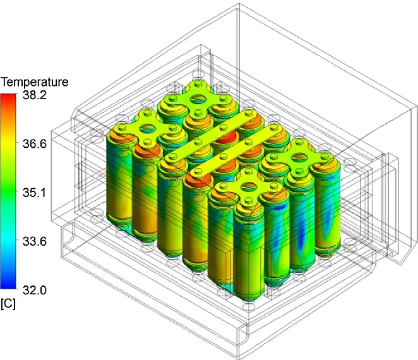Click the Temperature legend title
click(x=34, y=82)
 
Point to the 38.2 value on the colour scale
click(x=34, y=95)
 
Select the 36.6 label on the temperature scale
click(x=34, y=144)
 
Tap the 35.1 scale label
click(x=34, y=193)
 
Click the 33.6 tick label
click(x=34, y=241)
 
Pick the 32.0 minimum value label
click(x=34, y=290)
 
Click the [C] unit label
click(x=8, y=304)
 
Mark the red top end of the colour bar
click(x=8, y=97)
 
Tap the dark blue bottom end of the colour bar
click(x=8, y=285)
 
